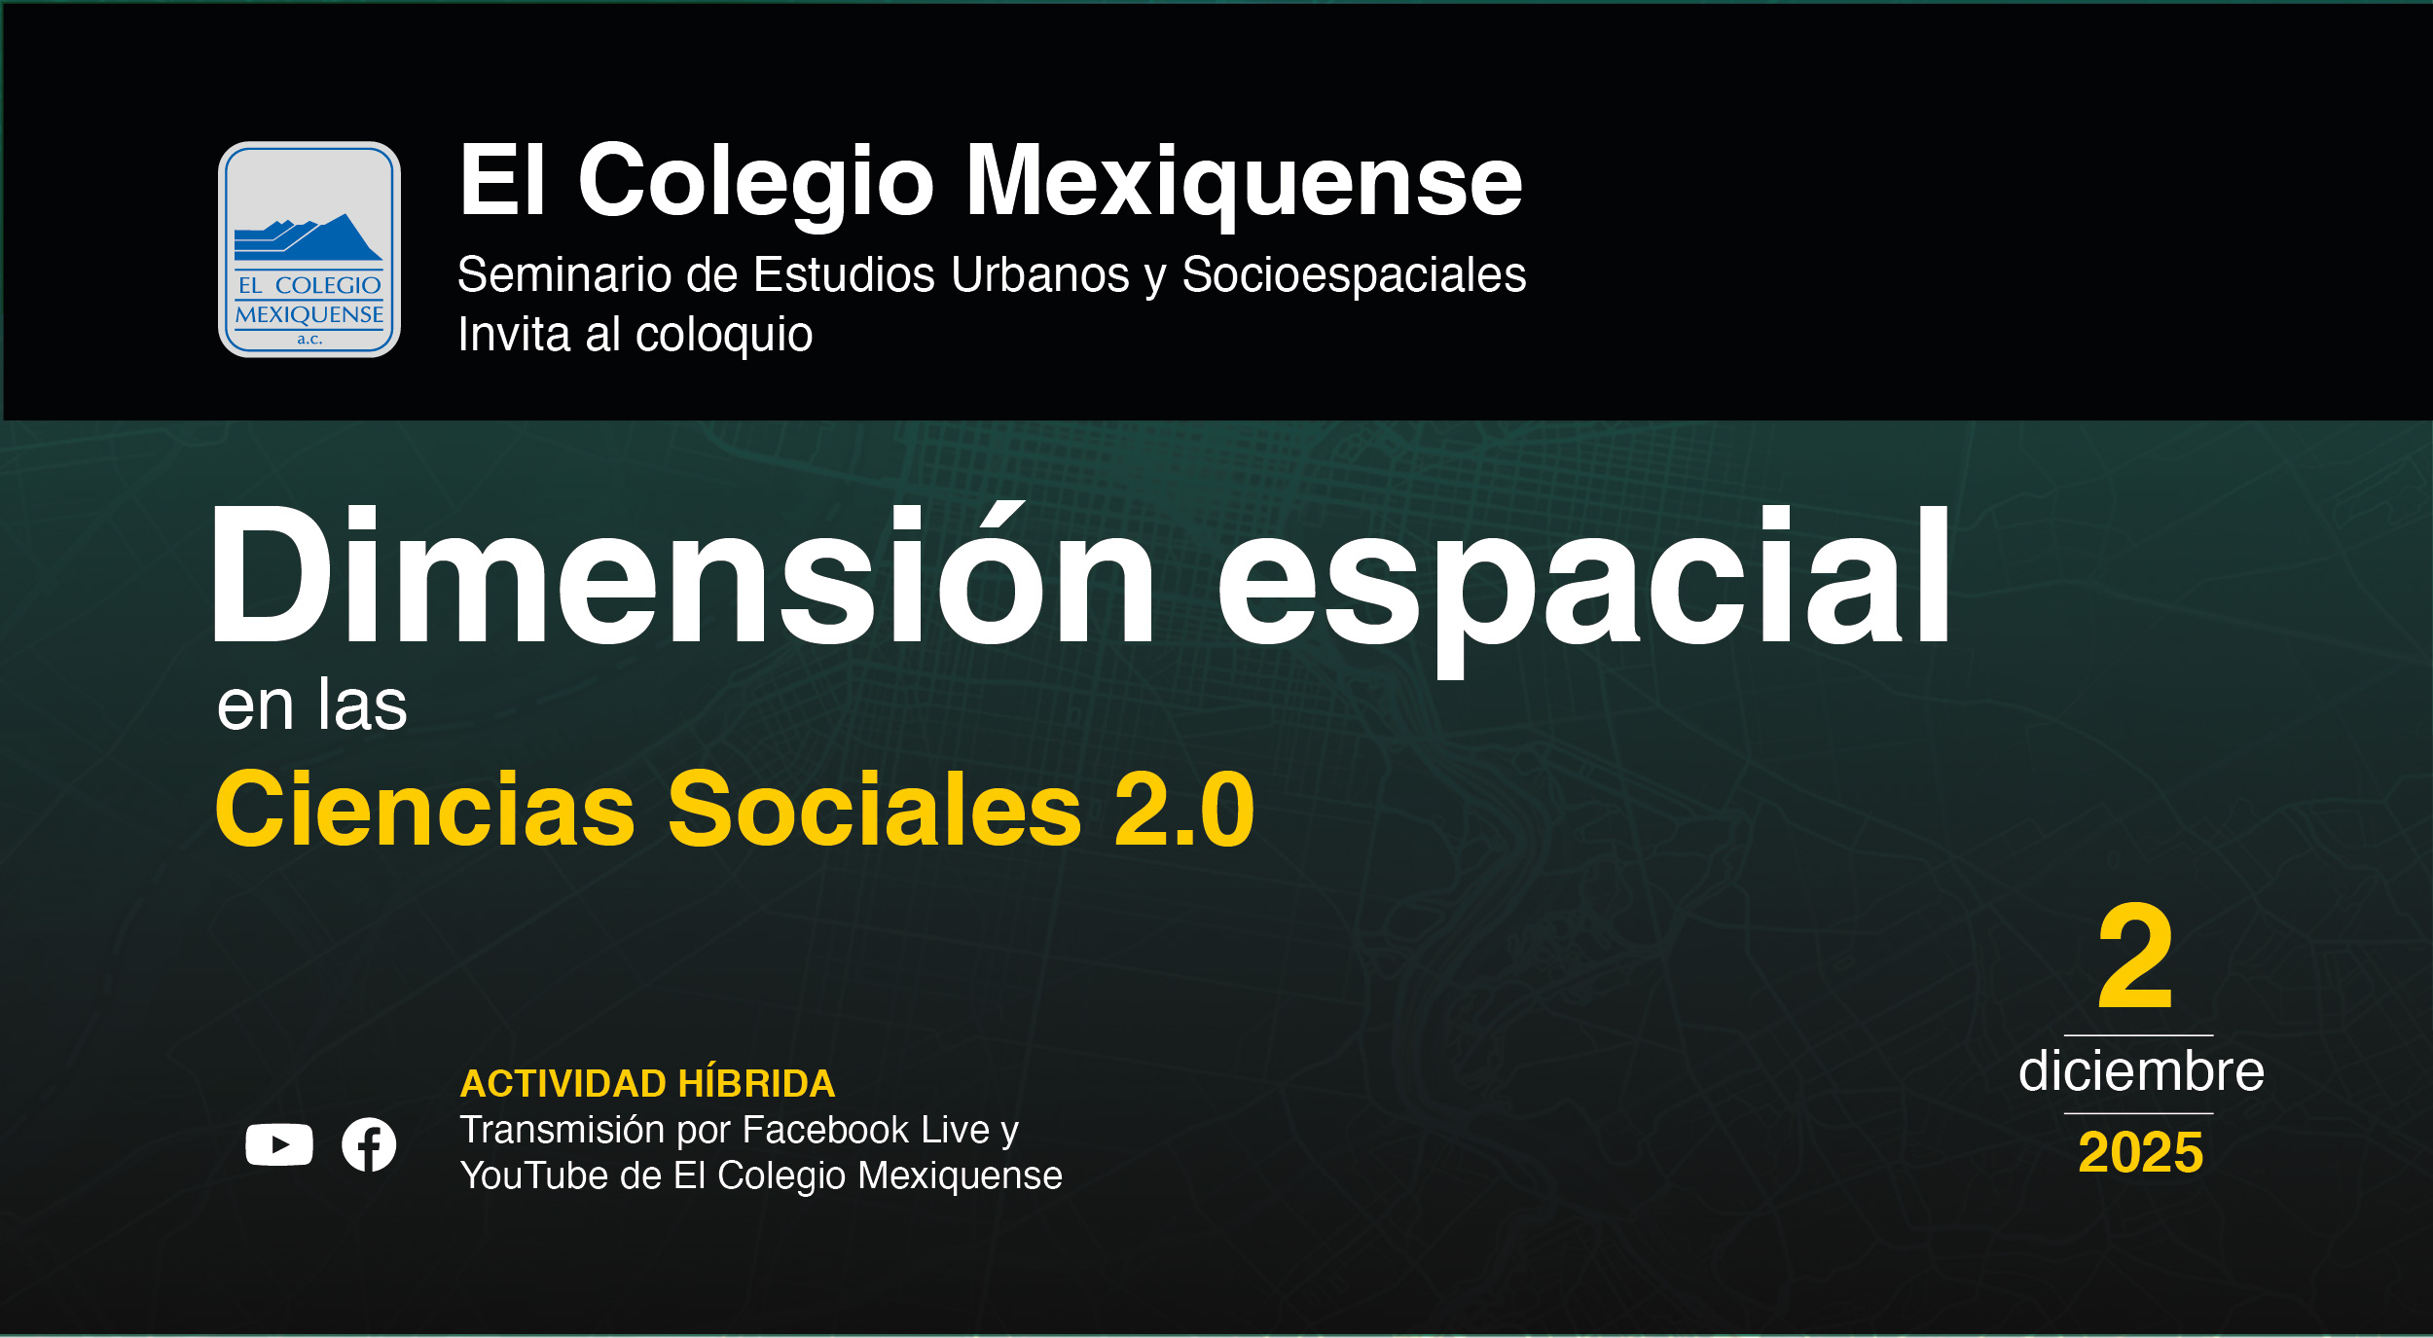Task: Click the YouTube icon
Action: [279, 1144]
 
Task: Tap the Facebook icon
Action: [369, 1144]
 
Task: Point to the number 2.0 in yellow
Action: [1184, 810]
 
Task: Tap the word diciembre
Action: [2141, 1071]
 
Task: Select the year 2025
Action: [2140, 1153]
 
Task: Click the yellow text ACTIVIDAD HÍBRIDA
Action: [647, 1083]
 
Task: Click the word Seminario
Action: [564, 275]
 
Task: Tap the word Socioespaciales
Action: [1353, 275]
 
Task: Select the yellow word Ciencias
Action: [425, 810]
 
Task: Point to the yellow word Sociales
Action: [874, 810]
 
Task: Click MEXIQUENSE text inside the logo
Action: [309, 314]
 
